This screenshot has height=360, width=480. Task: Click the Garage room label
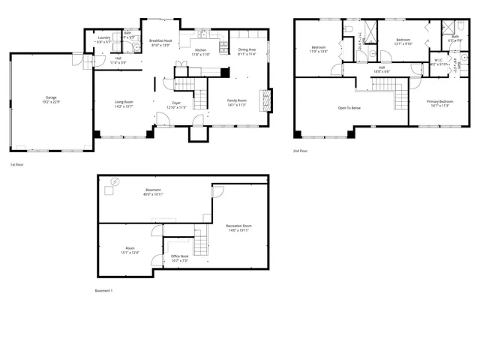pyautogui.click(x=51, y=97)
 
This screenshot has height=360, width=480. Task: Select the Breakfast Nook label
pyautogui.click(x=160, y=41)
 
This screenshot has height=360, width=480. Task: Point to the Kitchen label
pyautogui.click(x=201, y=51)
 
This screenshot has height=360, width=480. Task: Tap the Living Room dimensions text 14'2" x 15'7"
pyautogui.click(x=124, y=106)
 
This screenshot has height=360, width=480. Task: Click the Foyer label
pyautogui.click(x=175, y=103)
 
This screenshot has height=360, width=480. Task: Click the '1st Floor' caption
pyautogui.click(x=17, y=163)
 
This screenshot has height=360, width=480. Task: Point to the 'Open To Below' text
pyautogui.click(x=349, y=108)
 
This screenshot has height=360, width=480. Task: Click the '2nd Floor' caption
pyautogui.click(x=301, y=151)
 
